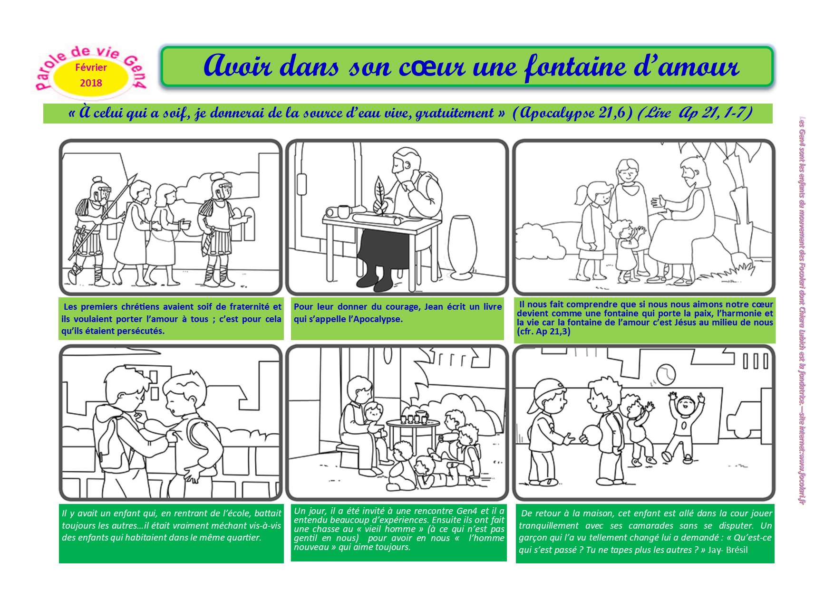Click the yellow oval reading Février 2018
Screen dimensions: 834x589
point(91,75)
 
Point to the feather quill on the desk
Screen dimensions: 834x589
point(382,195)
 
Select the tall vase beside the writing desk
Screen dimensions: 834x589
point(462,247)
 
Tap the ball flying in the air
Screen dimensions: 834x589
point(664,374)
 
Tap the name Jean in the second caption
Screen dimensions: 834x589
point(433,307)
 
